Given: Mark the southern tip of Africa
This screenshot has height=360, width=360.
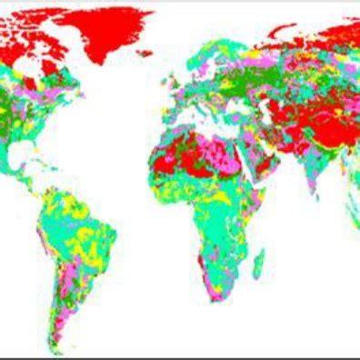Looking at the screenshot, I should pyautogui.click(x=212, y=300).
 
